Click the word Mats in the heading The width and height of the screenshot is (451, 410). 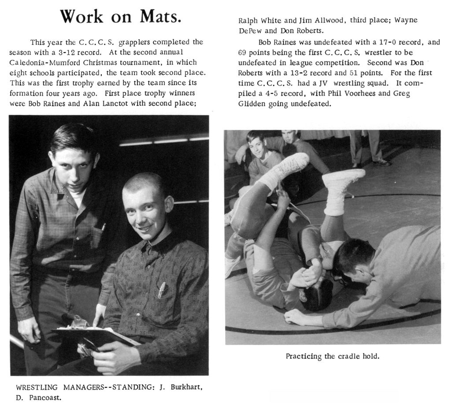tap(160, 17)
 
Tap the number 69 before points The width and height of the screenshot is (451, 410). tap(243, 52)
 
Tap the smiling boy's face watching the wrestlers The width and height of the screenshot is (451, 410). tap(257, 147)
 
